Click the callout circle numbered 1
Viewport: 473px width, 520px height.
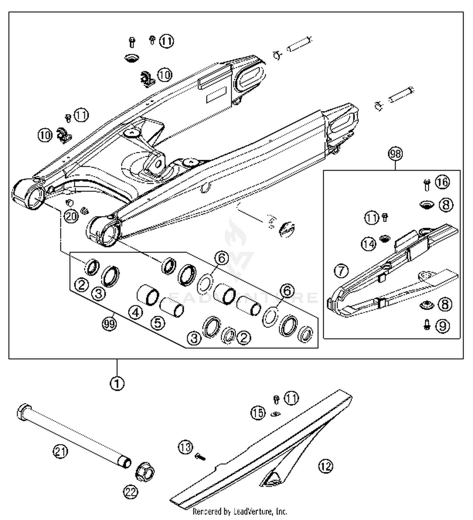[117, 384]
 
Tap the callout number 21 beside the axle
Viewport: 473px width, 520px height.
[60, 451]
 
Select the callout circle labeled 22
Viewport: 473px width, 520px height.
[131, 492]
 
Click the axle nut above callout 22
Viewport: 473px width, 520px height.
[145, 472]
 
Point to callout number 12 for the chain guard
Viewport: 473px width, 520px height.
[326, 466]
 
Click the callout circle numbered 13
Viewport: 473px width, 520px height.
[185, 447]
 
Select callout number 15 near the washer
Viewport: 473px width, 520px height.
[258, 413]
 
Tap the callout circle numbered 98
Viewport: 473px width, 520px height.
[395, 154]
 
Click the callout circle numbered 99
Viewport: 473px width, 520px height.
[109, 324]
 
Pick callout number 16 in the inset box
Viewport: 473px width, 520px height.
[442, 182]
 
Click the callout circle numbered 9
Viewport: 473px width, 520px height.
[442, 326]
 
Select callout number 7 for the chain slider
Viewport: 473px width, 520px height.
[341, 271]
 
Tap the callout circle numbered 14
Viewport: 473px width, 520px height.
[369, 244]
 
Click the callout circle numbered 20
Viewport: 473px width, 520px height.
[71, 216]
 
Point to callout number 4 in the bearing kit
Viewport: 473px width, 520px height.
[136, 312]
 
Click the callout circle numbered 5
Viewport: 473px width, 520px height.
[158, 322]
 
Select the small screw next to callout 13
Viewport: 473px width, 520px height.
[200, 456]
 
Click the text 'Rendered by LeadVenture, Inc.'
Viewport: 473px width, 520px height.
[240, 511]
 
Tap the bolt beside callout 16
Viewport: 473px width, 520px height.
[427, 185]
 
